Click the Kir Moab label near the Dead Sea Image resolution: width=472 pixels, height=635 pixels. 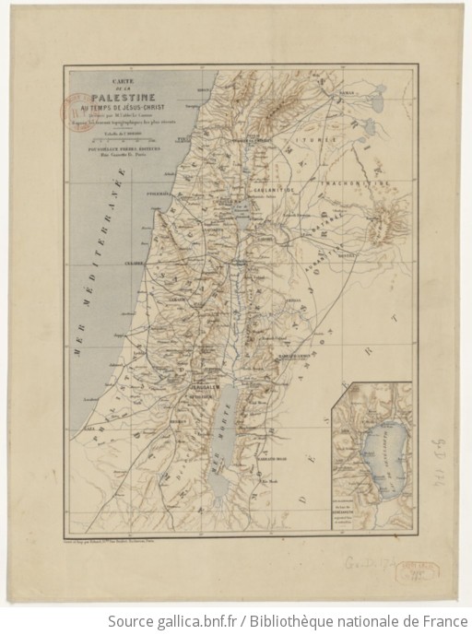point(267,480)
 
